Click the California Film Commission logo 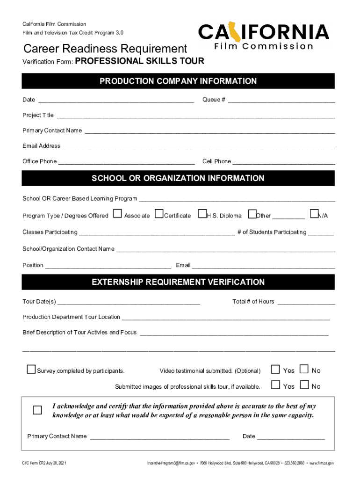point(264,37)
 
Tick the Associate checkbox point(117,214)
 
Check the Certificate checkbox point(159,214)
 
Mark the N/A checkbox point(314,214)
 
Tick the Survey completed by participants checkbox point(31,370)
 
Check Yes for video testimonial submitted point(276,370)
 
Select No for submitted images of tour point(304,385)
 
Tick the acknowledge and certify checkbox point(37,410)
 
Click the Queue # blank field point(281,100)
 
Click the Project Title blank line point(195,116)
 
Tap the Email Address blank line point(199,146)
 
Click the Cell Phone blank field point(284,162)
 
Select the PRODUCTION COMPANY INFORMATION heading point(178,81)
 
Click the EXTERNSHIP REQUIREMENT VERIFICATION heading point(178,282)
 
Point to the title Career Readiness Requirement point(105,49)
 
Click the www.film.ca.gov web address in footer point(322,463)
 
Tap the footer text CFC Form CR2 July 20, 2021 point(44,463)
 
